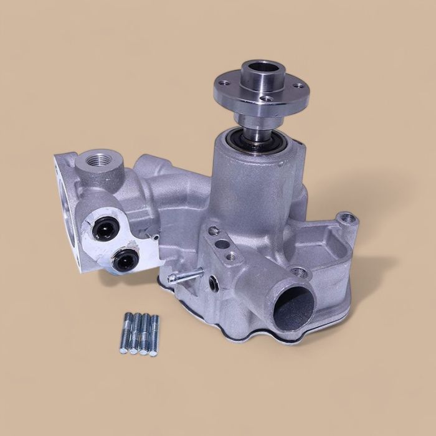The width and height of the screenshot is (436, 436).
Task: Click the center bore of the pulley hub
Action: pos(260,68)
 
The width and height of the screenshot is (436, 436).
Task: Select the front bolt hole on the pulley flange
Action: pos(267,98)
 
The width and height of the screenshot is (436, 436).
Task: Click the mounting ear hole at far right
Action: pos(347,219)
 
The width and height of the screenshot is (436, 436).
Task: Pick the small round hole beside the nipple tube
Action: pos(213,283)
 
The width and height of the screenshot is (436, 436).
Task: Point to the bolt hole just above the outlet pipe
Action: pos(300,272)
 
